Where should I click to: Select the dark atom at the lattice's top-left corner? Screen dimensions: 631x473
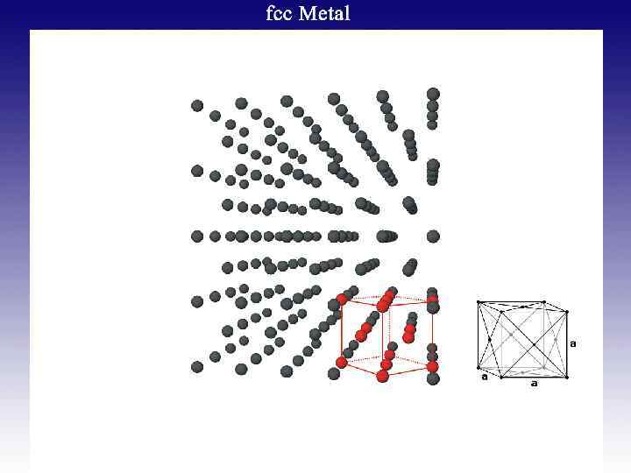tap(197, 106)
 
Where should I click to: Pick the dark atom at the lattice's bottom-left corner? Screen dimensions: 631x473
tap(197, 366)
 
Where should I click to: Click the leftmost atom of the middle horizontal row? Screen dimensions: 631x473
tap(197, 236)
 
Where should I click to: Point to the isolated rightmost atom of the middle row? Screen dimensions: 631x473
tap(433, 236)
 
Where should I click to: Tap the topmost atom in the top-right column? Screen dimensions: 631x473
tap(433, 94)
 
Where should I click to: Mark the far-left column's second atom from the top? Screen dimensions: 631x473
tap(197, 171)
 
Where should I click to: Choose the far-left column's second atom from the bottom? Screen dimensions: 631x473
tap(197, 301)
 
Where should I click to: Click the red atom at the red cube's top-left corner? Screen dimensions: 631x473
tap(342, 299)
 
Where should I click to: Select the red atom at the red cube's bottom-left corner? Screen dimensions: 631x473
tap(342, 362)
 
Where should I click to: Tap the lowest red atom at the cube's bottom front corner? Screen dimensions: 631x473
tap(382, 377)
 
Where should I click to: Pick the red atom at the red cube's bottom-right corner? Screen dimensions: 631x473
tap(432, 366)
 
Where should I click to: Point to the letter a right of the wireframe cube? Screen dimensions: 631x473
tap(573, 343)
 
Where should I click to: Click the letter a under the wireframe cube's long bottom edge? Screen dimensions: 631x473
tap(534, 384)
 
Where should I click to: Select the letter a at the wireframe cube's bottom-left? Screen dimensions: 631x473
tap(484, 378)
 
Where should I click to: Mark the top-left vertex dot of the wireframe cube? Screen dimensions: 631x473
tap(478, 303)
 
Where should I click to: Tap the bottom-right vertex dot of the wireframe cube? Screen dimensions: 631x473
tap(567, 377)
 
